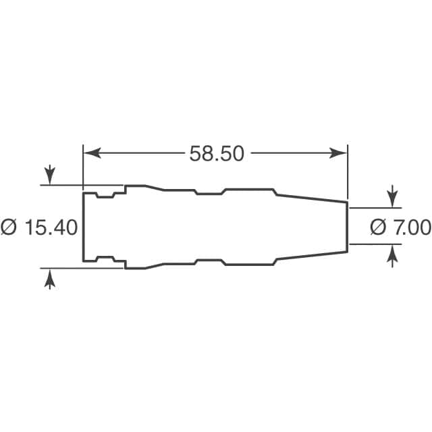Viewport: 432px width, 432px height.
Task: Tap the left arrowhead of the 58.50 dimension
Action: click(x=89, y=154)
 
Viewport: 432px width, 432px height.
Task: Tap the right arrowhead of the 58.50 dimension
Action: click(x=341, y=154)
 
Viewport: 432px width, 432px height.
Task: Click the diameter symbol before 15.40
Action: click(x=9, y=227)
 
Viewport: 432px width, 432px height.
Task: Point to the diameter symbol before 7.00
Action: click(x=378, y=227)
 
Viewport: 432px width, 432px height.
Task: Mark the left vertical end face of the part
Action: click(x=83, y=227)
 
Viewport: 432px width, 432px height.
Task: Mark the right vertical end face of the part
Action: click(x=348, y=227)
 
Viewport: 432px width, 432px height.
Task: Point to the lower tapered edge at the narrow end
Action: click(x=310, y=256)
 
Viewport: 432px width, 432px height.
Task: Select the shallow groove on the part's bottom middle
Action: click(x=209, y=260)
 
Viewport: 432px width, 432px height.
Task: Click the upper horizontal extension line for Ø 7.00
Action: click(x=375, y=208)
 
